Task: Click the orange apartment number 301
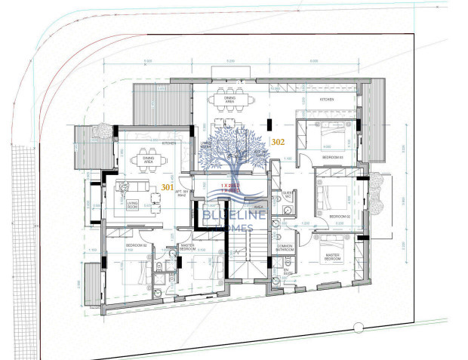(x=167, y=187)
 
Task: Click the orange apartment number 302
(x=278, y=140)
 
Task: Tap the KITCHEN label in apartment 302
(x=326, y=100)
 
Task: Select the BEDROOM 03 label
(x=332, y=157)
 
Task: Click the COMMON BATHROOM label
(x=285, y=248)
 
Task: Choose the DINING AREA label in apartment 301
(x=149, y=160)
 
